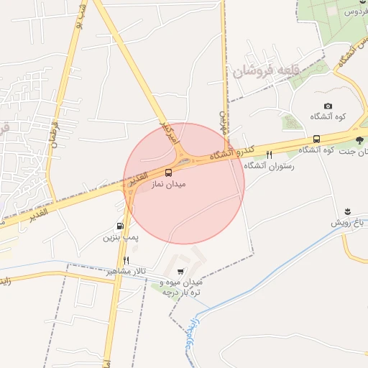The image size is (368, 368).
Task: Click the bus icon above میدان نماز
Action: click(x=169, y=172)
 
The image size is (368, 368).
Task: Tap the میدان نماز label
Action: click(x=168, y=184)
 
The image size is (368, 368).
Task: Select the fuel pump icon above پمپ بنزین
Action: click(x=119, y=225)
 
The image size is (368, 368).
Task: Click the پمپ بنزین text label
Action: click(x=119, y=236)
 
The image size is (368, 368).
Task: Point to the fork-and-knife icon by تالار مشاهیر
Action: click(x=126, y=259)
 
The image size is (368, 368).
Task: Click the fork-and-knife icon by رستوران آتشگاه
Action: click(x=270, y=154)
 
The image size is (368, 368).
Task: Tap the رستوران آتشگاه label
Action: click(x=270, y=165)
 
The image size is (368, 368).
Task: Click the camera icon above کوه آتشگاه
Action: click(x=328, y=106)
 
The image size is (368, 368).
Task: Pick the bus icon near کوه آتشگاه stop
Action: click(x=316, y=139)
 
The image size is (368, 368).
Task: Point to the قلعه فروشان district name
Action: click(x=261, y=70)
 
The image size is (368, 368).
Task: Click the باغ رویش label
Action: click(x=347, y=223)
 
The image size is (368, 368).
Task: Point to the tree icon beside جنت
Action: click(x=359, y=139)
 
